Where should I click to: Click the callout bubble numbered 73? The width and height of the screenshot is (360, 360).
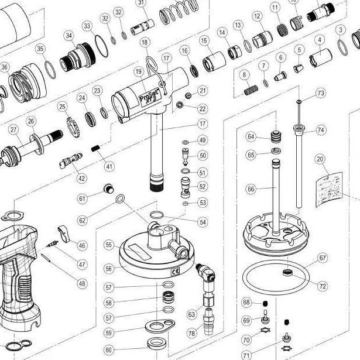(x=320, y=93)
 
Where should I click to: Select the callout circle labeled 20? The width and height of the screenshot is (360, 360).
(x=320, y=159)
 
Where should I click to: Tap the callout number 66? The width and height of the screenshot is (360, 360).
(x=251, y=189)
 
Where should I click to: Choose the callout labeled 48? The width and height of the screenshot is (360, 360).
(x=81, y=283)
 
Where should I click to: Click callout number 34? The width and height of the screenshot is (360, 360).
(x=70, y=36)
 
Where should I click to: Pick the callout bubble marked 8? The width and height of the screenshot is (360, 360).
(x=245, y=74)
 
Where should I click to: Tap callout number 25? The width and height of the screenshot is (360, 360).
(x=62, y=106)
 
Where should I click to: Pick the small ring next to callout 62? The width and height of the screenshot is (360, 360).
(x=120, y=200)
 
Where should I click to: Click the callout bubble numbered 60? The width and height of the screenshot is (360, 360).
(x=109, y=350)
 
